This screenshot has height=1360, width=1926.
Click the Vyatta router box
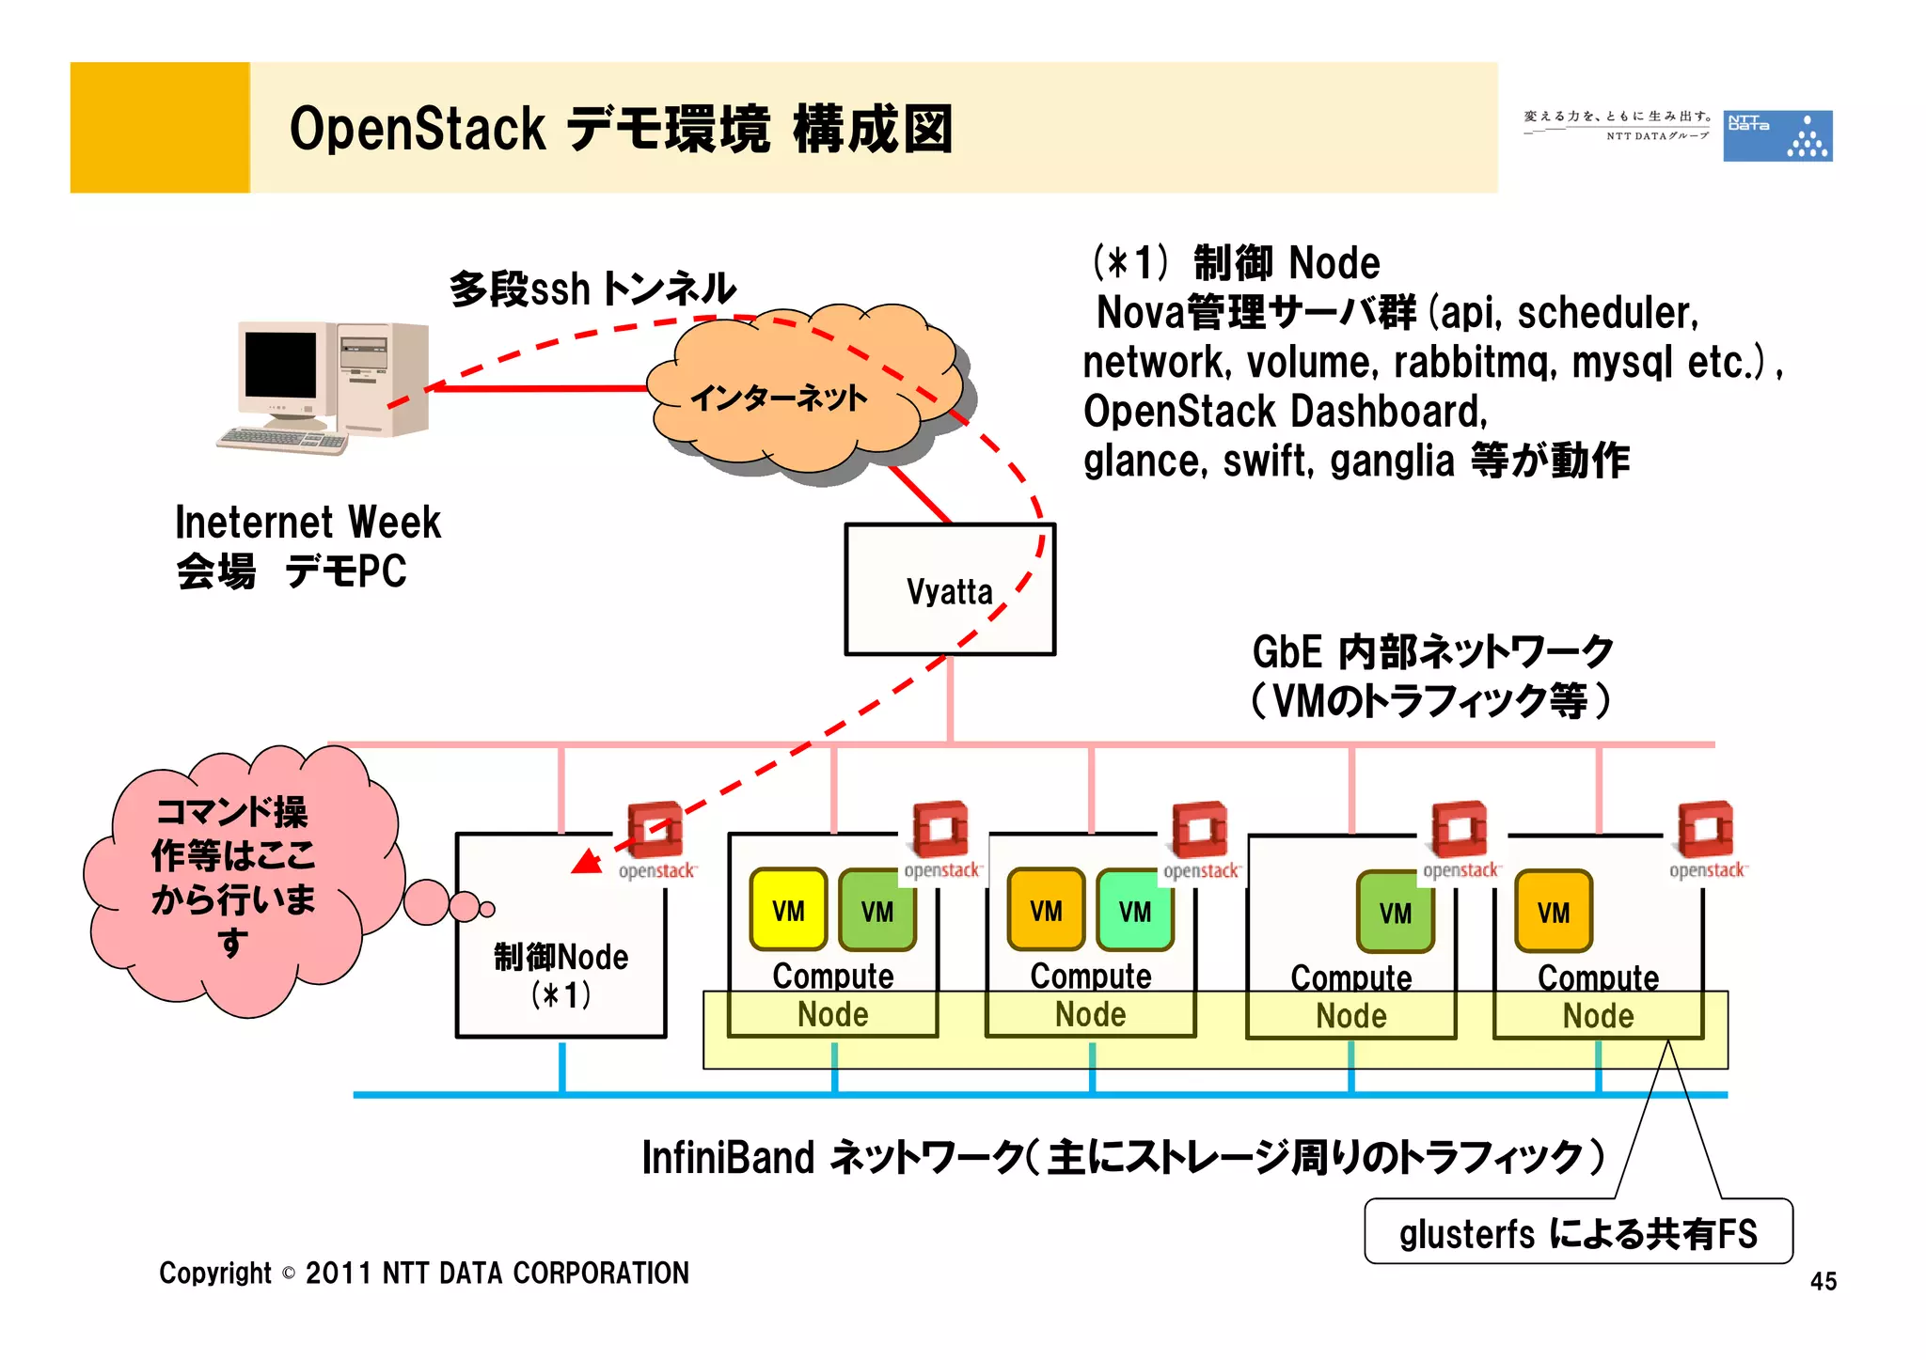click(950, 589)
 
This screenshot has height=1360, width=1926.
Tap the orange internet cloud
click(799, 395)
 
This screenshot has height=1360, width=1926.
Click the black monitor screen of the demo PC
click(280, 365)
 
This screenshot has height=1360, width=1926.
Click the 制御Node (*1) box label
click(560, 975)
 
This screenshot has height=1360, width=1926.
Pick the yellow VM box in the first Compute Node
click(788, 910)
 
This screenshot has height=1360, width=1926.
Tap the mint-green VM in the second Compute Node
click(1134, 910)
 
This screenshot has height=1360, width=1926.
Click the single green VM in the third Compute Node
click(1395, 912)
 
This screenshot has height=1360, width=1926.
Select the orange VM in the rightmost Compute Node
click(1553, 912)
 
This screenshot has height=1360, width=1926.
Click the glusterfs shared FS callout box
click(1578, 1232)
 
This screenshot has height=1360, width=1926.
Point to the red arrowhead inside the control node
click(588, 861)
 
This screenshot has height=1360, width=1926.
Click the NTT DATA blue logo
click(1776, 135)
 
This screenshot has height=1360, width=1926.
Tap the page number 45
click(1823, 1281)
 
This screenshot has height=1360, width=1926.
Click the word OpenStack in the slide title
click(417, 129)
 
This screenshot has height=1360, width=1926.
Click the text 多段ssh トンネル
click(592, 289)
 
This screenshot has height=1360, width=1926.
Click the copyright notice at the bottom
click(423, 1273)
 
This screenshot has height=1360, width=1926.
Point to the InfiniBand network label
click(1123, 1157)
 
